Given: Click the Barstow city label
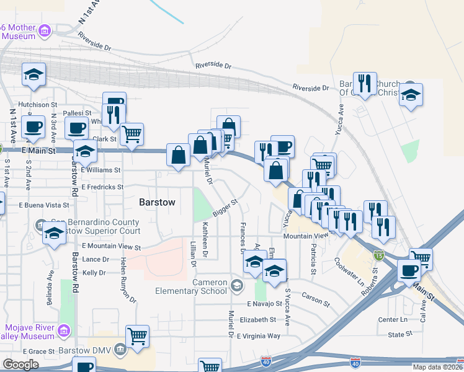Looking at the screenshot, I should click(157, 202).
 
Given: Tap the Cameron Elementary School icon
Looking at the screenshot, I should click(236, 286).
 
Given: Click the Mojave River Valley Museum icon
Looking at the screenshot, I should click(63, 332).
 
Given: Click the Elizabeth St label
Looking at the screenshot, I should click(257, 320).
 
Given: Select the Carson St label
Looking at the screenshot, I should click(315, 299).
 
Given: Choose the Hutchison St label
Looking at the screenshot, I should click(37, 105).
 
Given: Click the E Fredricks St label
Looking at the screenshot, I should click(102, 187).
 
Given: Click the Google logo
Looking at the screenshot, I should click(20, 365).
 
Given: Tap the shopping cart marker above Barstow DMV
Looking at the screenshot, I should click(137, 337).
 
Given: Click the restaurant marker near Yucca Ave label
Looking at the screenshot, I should click(364, 84).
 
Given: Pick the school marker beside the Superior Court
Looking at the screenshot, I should click(55, 234).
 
